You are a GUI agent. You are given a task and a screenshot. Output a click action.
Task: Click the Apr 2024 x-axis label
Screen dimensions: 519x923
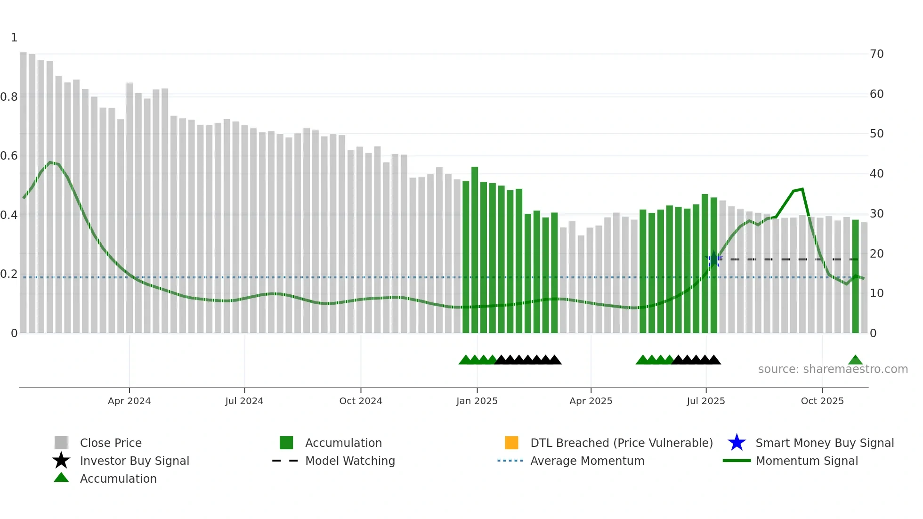pyautogui.click(x=129, y=401)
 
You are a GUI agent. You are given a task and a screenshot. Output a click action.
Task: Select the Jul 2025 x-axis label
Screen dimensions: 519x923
pyautogui.click(x=705, y=401)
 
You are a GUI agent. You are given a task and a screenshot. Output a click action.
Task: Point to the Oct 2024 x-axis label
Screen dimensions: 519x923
pyautogui.click(x=361, y=401)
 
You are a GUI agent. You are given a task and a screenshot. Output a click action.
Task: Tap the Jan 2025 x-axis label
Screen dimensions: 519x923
pyautogui.click(x=477, y=401)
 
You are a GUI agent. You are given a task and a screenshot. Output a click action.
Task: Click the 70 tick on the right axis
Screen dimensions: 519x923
pyautogui.click(x=876, y=54)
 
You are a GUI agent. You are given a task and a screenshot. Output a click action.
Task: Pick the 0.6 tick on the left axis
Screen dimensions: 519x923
pyautogui.click(x=9, y=156)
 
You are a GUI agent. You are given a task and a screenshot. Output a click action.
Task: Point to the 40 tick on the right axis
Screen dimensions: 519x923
pyautogui.click(x=876, y=174)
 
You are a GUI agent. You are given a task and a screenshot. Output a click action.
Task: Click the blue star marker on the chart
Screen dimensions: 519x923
pyautogui.click(x=714, y=259)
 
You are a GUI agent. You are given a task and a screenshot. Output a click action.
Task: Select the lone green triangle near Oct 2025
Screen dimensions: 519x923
pyautogui.click(x=855, y=360)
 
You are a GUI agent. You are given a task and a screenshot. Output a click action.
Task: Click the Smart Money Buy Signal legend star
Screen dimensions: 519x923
pyautogui.click(x=737, y=443)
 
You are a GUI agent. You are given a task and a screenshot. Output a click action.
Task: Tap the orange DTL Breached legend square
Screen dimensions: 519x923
pyautogui.click(x=511, y=443)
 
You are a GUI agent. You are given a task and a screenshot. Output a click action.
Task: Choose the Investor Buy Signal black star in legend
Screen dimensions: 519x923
pyautogui.click(x=61, y=461)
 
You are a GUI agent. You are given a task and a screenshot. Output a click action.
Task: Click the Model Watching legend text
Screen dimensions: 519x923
pyautogui.click(x=350, y=461)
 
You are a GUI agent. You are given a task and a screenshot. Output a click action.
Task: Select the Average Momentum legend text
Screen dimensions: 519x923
pyautogui.click(x=587, y=461)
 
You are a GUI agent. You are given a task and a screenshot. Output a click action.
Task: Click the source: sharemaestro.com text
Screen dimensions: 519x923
pyautogui.click(x=833, y=369)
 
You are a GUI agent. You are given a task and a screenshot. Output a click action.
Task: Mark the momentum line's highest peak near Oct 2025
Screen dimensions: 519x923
pyautogui.click(x=802, y=189)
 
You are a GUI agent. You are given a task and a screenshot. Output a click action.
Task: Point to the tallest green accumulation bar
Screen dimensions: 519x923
pyautogui.click(x=475, y=250)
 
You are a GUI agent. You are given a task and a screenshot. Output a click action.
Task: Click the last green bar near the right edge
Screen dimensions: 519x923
pyautogui.click(x=855, y=276)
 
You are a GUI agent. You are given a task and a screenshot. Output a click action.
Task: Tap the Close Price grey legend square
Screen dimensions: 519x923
pyautogui.click(x=61, y=443)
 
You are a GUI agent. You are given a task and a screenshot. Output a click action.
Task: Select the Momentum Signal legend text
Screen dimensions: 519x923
pyautogui.click(x=807, y=461)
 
